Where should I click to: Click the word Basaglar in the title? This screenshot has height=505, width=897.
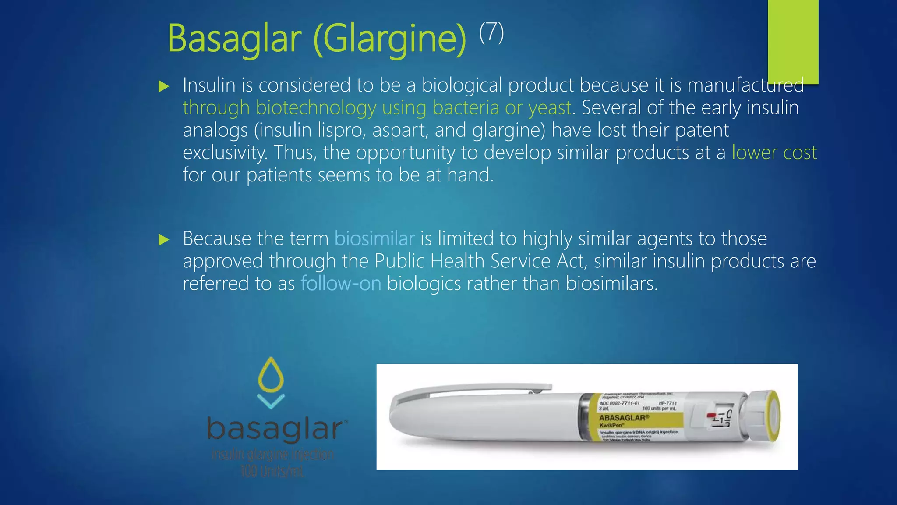point(234,39)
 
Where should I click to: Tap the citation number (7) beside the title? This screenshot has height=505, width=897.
point(491,32)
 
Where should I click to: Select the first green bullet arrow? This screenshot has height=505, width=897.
point(164,86)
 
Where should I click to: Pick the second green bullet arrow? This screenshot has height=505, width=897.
point(164,239)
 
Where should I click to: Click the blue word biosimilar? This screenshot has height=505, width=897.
point(374,239)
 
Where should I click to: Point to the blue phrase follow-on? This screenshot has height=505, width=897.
point(341,284)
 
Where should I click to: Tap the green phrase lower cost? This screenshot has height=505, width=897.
point(774,153)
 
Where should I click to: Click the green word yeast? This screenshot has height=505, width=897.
point(550,108)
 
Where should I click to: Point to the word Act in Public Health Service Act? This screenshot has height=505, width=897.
point(571,261)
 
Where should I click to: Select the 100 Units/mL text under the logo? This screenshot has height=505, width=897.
point(272,472)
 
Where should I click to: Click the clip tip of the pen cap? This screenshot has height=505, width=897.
point(543,387)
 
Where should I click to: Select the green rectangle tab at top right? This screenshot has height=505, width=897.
point(793,42)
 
